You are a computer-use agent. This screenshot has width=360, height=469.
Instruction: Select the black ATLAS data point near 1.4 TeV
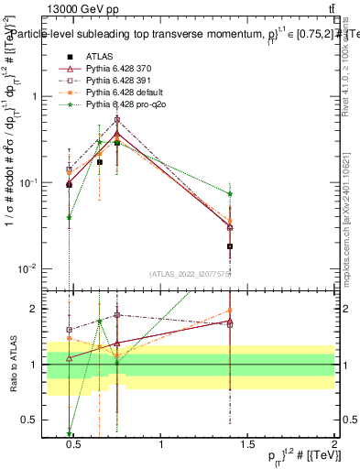(x=230, y=246)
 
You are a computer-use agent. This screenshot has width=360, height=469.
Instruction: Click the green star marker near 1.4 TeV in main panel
(x=230, y=193)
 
